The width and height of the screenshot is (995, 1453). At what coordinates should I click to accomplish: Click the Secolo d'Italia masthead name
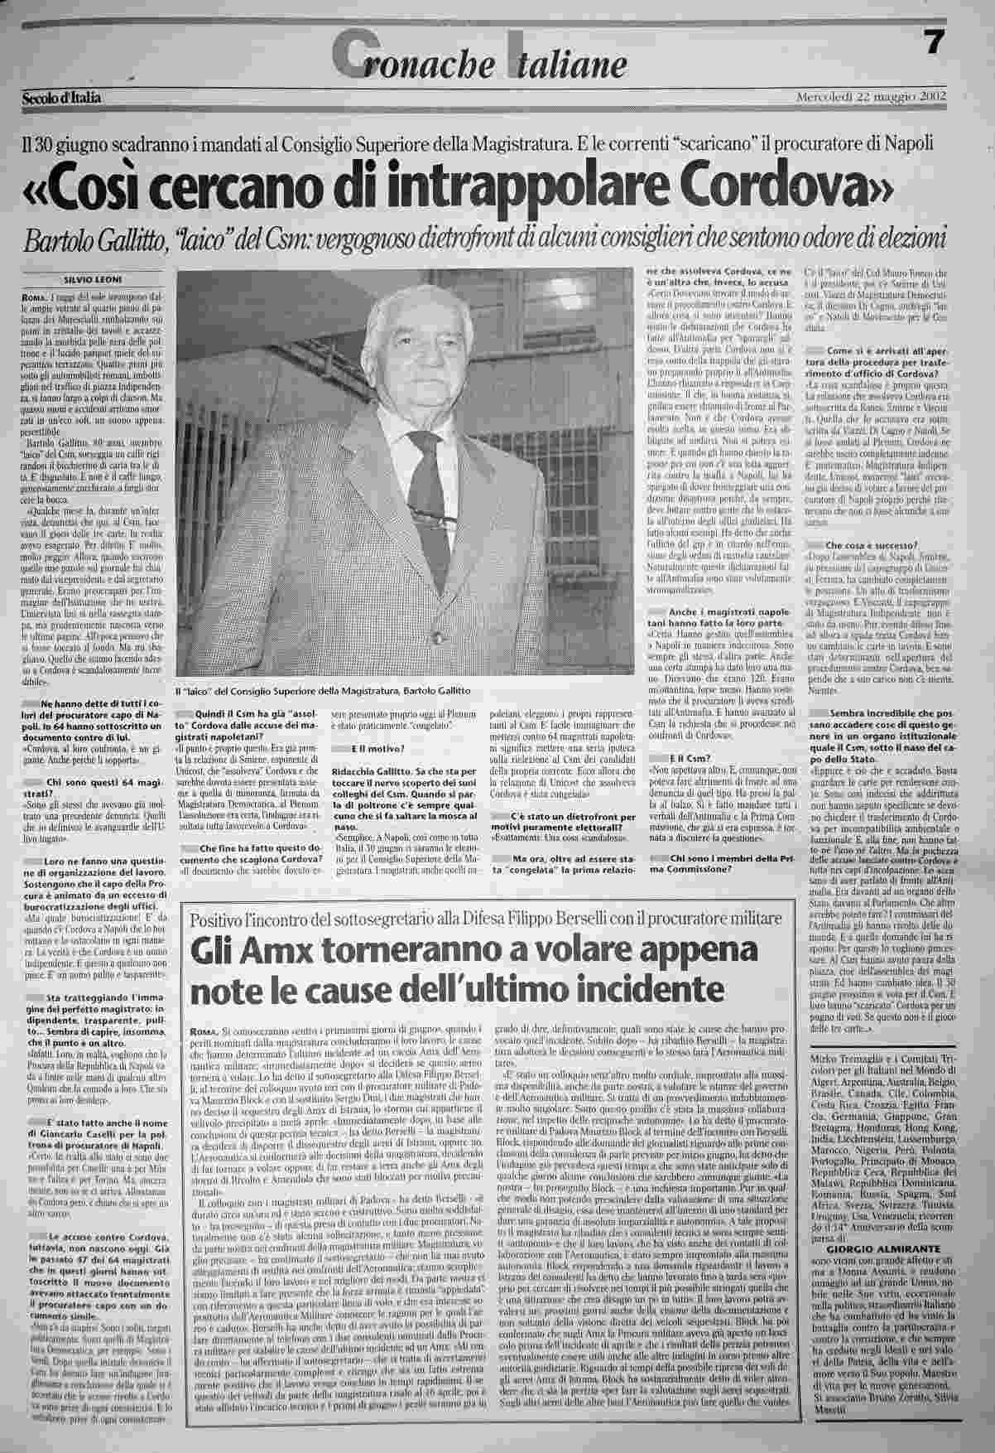(62, 99)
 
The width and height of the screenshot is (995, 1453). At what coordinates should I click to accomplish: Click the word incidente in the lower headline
(642, 989)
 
